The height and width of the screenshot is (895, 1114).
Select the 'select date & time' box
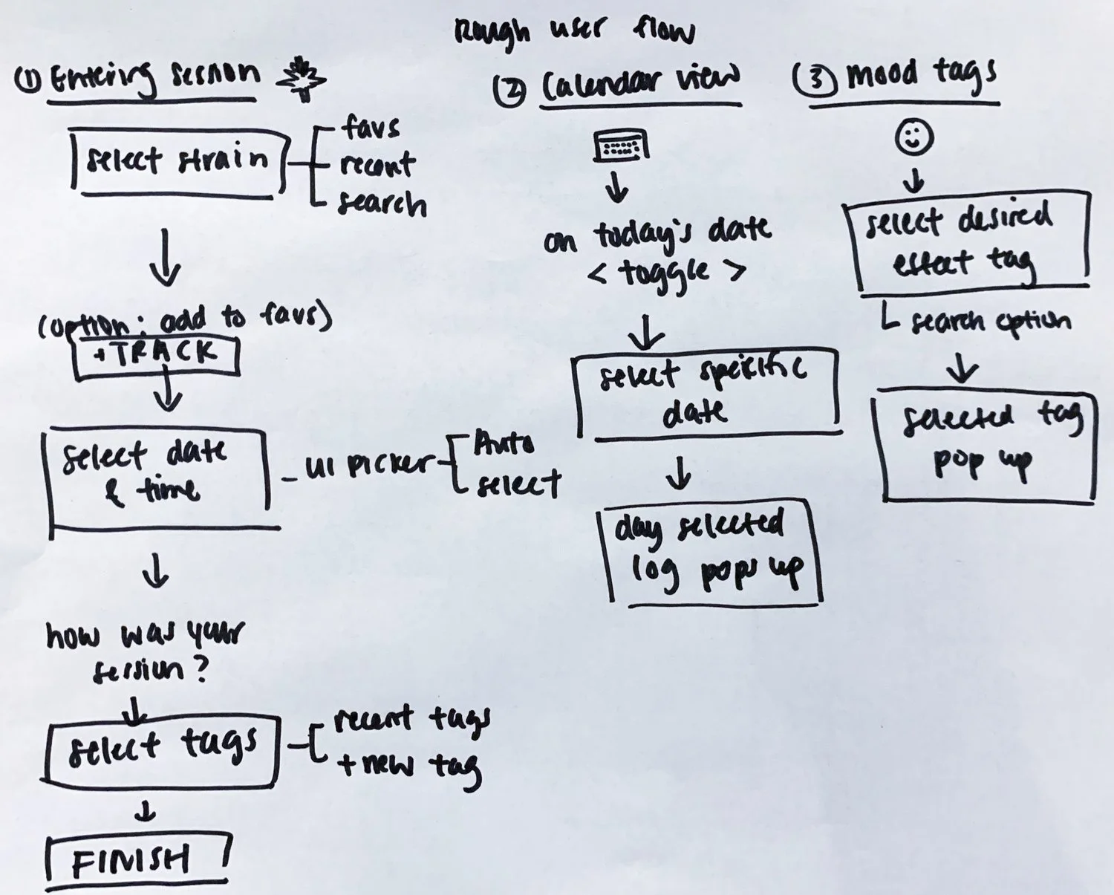click(x=157, y=475)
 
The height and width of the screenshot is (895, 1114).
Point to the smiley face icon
click(x=914, y=137)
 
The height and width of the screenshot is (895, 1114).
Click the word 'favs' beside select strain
click(x=371, y=128)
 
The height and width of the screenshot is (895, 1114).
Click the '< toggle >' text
click(x=666, y=273)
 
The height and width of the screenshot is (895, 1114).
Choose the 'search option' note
click(x=980, y=321)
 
